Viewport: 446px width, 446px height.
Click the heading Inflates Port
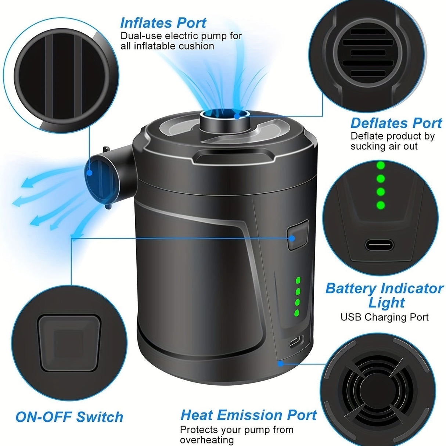click(x=163, y=23)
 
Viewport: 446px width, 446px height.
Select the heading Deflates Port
click(x=396, y=123)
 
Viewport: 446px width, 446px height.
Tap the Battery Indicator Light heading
click(x=384, y=295)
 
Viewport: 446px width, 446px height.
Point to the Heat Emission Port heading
click(x=248, y=415)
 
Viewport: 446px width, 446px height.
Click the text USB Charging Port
click(x=384, y=317)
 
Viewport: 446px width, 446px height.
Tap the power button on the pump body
click(x=297, y=235)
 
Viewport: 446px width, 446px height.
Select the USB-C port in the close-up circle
click(x=379, y=244)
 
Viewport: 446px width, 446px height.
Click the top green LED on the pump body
click(x=298, y=280)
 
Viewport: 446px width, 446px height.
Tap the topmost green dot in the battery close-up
click(x=381, y=165)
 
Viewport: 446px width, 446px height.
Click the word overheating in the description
click(x=206, y=440)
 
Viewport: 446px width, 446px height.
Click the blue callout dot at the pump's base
click(x=280, y=363)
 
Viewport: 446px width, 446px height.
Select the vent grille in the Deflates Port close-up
click(x=368, y=53)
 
